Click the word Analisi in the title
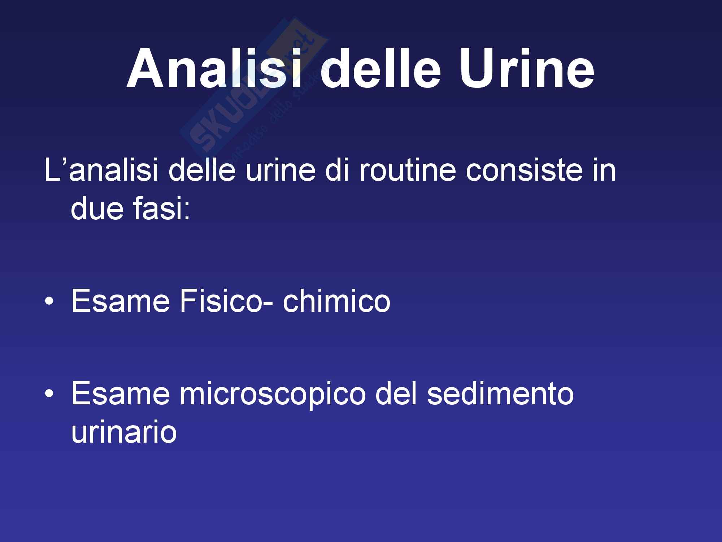(x=214, y=68)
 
